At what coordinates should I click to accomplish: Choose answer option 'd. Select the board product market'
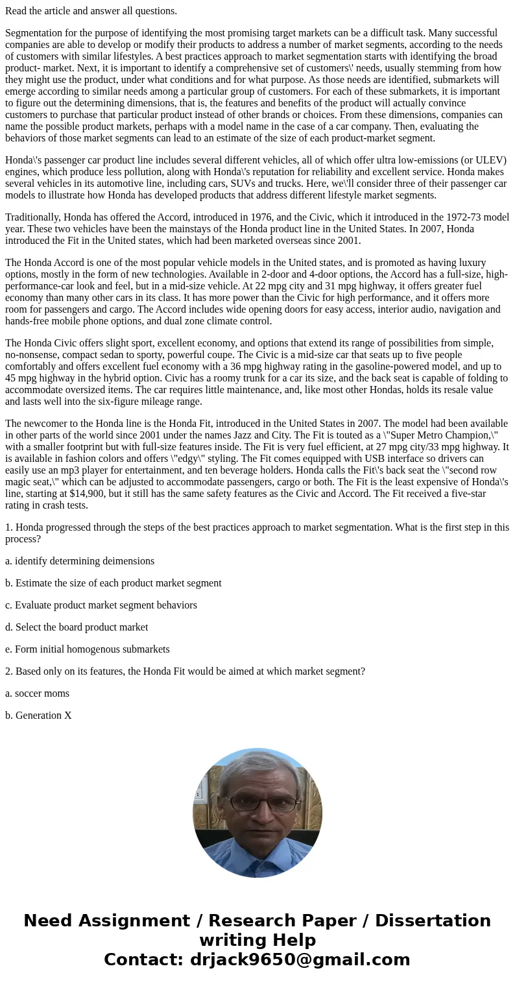point(77,627)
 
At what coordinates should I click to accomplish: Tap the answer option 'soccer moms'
point(42,693)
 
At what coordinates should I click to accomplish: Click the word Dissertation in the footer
point(433,921)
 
